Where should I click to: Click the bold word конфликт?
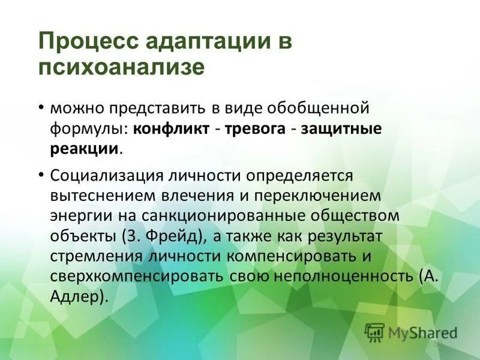[172, 129]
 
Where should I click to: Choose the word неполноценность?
[342, 276]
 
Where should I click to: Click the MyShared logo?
[412, 332]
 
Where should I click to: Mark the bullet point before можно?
[41, 107]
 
